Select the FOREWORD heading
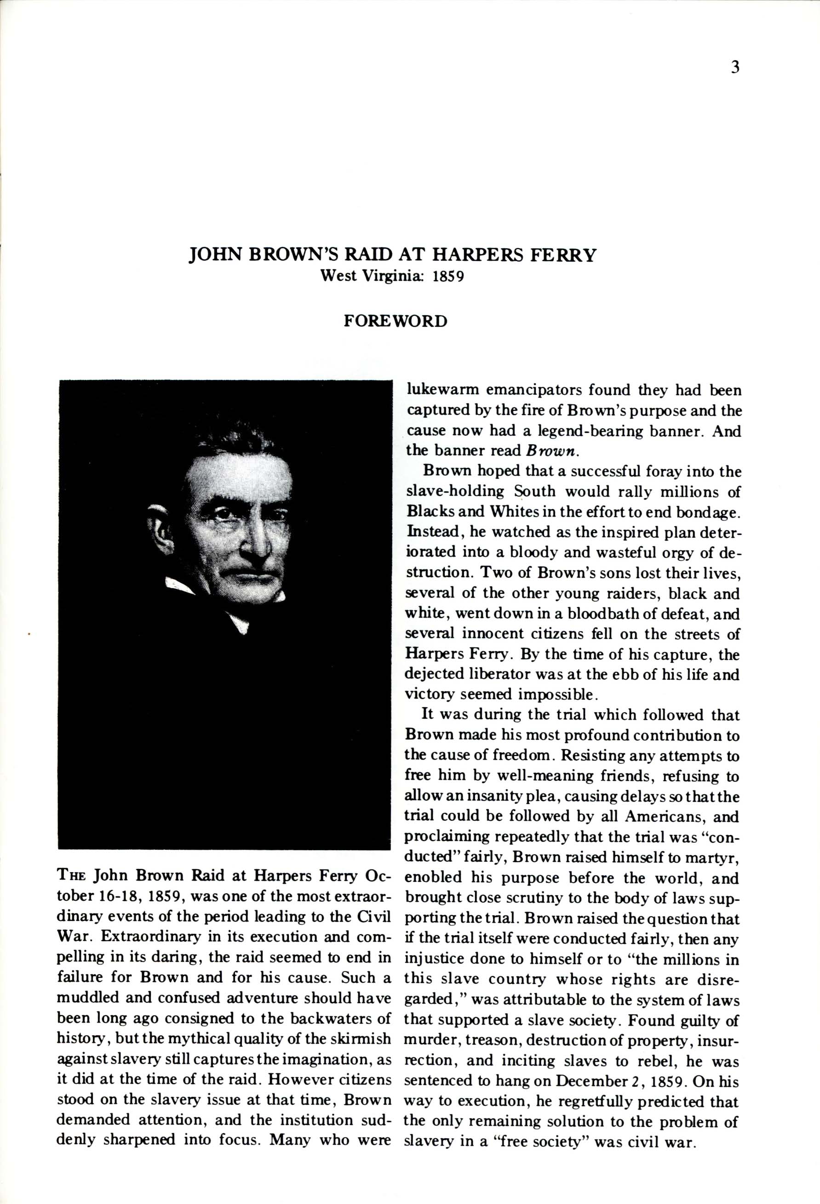(x=396, y=321)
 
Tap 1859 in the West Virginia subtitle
(x=448, y=276)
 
